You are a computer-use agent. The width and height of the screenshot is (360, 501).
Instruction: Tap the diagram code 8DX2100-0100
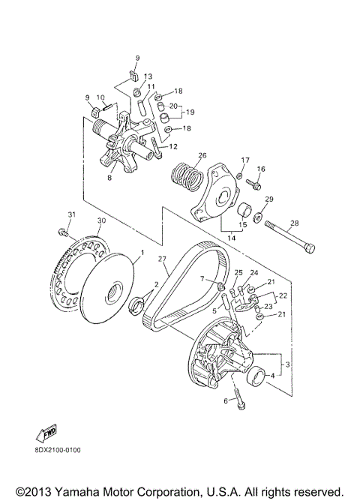tap(58, 450)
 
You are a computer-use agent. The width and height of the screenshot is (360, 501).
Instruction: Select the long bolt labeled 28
tap(289, 238)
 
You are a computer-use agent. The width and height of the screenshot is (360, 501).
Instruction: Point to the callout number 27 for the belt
tap(163, 259)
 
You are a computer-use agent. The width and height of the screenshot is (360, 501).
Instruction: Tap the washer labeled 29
tap(257, 217)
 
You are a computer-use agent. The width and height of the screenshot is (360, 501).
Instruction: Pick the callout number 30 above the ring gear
tap(101, 220)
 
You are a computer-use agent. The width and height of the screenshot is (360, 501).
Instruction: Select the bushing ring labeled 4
tap(256, 376)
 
